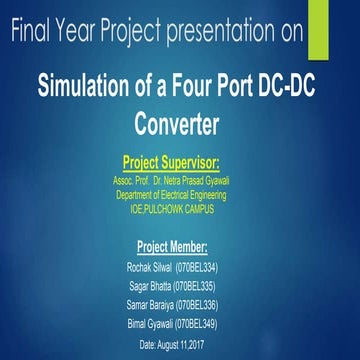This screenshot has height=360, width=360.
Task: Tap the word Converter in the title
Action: pos(180,126)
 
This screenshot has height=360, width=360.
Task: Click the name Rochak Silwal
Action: pos(149,268)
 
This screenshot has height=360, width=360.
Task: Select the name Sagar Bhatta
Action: pos(149,287)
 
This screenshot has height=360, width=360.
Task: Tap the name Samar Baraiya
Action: pos(149,305)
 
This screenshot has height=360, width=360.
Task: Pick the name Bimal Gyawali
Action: pos(149,324)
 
